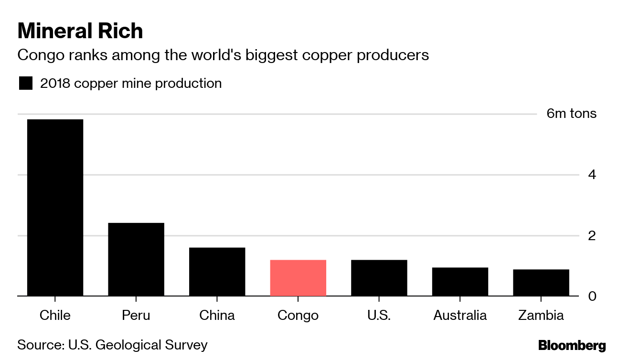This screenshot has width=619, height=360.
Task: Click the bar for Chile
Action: click(x=55, y=208)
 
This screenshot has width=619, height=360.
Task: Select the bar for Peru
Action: click(x=136, y=259)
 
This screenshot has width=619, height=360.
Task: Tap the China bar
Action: click(x=217, y=272)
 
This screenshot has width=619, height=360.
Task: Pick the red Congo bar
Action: click(x=298, y=278)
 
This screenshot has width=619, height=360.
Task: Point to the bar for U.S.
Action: click(x=379, y=278)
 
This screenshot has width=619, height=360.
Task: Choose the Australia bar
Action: click(x=460, y=282)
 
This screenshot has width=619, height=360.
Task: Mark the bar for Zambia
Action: click(x=541, y=283)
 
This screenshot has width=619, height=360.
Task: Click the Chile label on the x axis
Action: click(x=55, y=316)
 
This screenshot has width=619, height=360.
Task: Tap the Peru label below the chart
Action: click(x=136, y=316)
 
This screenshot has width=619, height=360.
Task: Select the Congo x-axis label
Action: click(x=298, y=316)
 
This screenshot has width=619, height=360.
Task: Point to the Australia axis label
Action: click(x=460, y=316)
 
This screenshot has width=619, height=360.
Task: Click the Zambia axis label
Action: click(x=541, y=316)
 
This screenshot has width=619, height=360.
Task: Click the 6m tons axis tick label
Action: click(x=571, y=114)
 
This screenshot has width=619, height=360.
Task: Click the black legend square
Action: click(x=25, y=84)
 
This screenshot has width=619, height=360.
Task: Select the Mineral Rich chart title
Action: click(x=80, y=31)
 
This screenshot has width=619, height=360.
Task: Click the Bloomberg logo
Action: click(x=572, y=346)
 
